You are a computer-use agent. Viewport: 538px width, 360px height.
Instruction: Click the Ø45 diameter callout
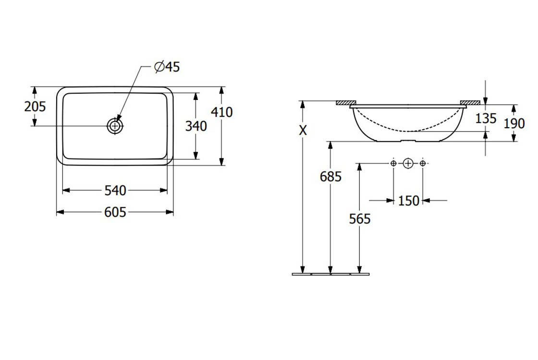167,67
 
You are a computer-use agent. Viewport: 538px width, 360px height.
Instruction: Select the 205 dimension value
35,107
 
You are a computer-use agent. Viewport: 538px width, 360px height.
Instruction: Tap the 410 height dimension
221,112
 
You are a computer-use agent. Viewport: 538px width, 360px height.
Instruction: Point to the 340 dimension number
196,126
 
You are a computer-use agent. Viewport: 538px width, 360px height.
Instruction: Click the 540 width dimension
115,191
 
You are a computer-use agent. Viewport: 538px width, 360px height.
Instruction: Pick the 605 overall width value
115,213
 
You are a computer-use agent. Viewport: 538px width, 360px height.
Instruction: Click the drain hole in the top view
115,126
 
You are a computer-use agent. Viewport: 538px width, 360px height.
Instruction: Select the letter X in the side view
303,130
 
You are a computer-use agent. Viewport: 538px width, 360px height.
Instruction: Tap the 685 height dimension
330,177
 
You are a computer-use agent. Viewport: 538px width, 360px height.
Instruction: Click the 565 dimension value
360,219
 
